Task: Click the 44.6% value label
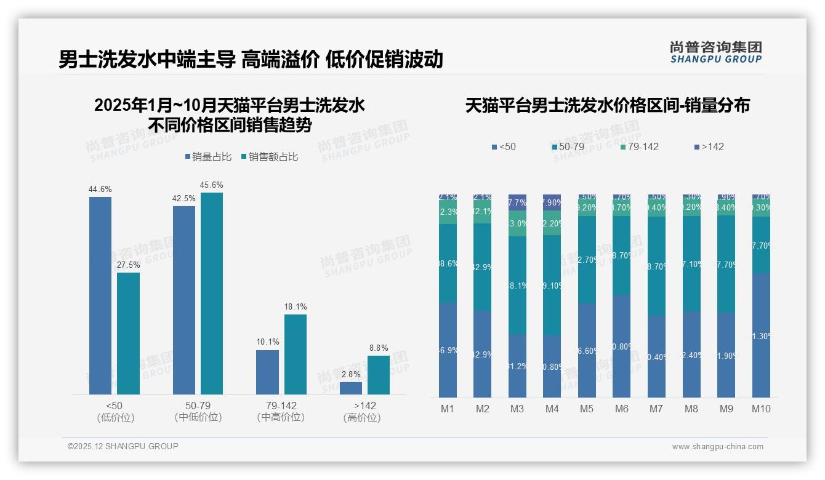click(x=100, y=189)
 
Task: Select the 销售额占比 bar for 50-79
click(x=212, y=293)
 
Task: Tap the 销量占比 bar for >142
click(x=351, y=388)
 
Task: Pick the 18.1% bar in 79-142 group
click(x=296, y=354)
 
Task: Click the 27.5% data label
click(x=128, y=265)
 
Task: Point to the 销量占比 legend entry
click(x=208, y=157)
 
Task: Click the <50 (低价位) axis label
click(x=115, y=411)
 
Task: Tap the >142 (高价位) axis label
click(x=364, y=411)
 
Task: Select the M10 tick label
click(x=761, y=409)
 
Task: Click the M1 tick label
click(x=448, y=409)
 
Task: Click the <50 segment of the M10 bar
click(x=762, y=335)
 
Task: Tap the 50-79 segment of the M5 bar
click(x=587, y=259)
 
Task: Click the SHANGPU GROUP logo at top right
click(x=716, y=52)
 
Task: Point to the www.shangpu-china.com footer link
click(x=717, y=447)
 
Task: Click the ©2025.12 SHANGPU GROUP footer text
click(x=123, y=446)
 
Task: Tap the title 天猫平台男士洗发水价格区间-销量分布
click(x=607, y=105)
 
